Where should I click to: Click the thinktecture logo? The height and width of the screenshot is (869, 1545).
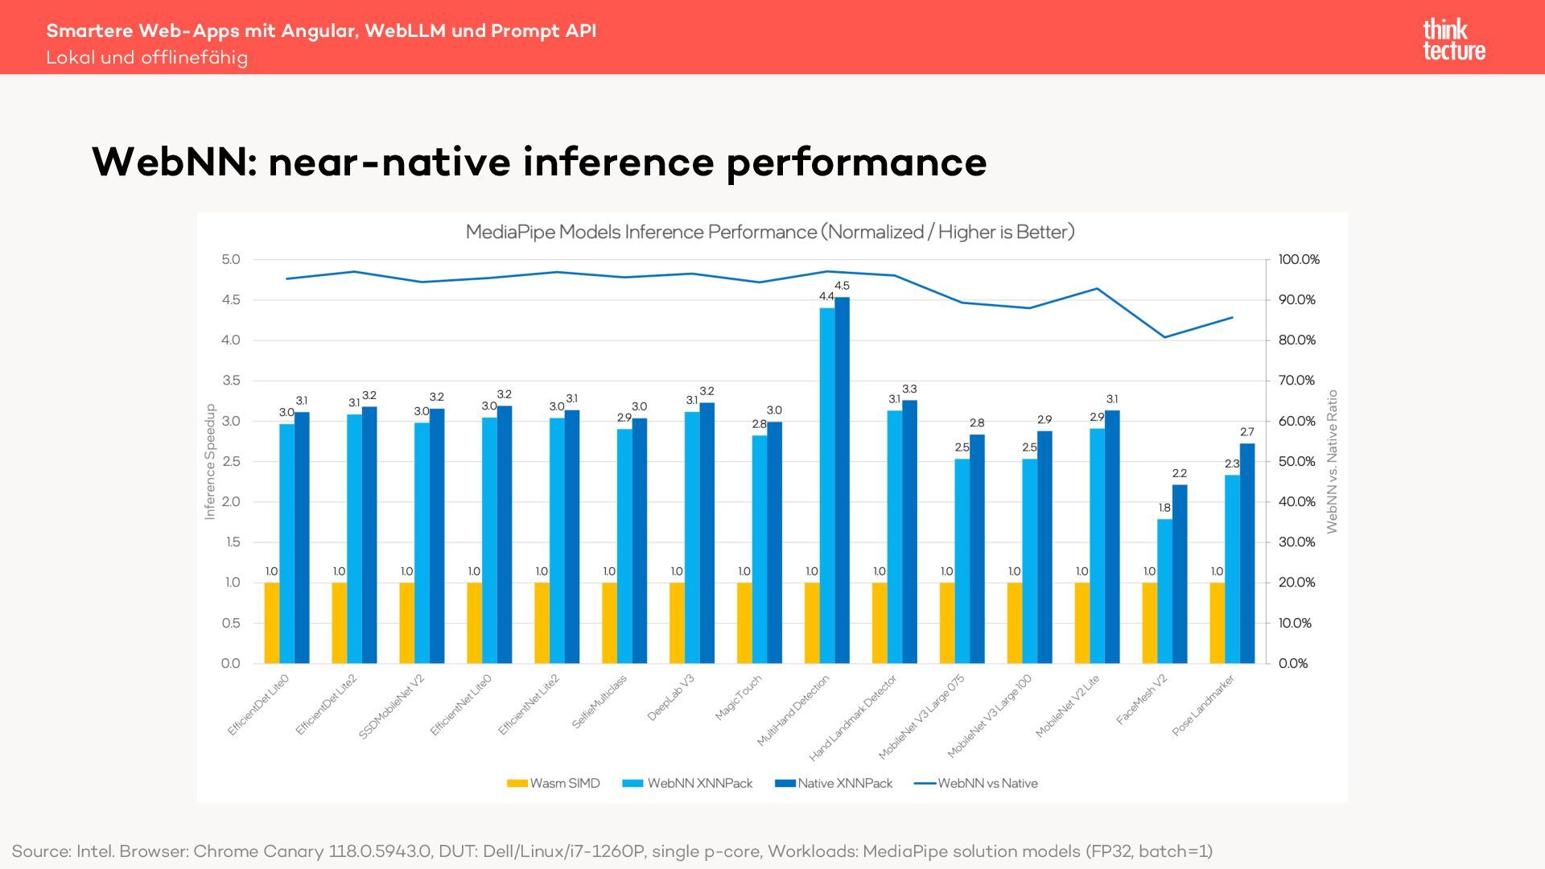(x=1454, y=40)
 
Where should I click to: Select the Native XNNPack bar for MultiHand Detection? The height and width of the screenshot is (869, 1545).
(x=842, y=480)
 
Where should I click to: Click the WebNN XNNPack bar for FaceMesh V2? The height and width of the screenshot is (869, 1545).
(x=1164, y=591)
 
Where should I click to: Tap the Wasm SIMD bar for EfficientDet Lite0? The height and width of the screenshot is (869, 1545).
(x=272, y=623)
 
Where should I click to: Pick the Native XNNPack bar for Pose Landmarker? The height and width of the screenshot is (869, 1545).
(x=1247, y=554)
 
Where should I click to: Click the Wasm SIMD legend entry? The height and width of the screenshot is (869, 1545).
(x=554, y=784)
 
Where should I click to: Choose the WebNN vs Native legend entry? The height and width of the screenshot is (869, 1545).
(x=977, y=784)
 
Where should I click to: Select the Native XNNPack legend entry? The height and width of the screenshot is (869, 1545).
(x=834, y=784)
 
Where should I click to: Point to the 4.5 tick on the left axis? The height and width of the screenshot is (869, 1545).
(x=231, y=300)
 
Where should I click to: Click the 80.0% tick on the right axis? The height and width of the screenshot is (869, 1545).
(x=1296, y=340)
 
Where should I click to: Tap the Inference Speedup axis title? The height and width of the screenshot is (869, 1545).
(x=210, y=462)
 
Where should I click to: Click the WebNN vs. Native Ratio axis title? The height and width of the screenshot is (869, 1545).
(x=1332, y=462)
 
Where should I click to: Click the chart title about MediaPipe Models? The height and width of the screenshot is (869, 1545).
(x=770, y=233)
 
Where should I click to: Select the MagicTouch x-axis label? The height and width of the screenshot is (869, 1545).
(x=739, y=698)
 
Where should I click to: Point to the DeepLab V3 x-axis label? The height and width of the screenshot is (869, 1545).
(x=671, y=697)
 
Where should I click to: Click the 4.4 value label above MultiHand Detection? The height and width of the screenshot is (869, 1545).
(x=826, y=297)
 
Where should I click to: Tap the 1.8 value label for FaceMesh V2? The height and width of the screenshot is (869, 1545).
(x=1164, y=509)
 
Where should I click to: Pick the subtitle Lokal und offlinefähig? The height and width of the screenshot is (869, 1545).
(x=147, y=58)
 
